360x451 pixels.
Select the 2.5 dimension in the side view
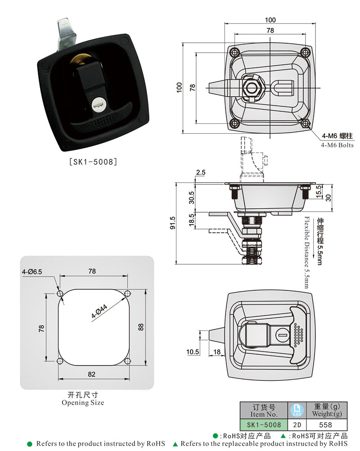(x=201, y=172)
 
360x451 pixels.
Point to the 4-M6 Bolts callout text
(x=337, y=145)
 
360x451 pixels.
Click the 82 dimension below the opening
(x=92, y=374)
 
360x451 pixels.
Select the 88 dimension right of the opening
(x=140, y=326)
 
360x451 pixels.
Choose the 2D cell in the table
(x=297, y=424)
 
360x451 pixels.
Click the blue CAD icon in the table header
(x=297, y=410)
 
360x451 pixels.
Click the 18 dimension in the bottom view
(x=216, y=352)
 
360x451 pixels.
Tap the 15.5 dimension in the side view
(x=318, y=190)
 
